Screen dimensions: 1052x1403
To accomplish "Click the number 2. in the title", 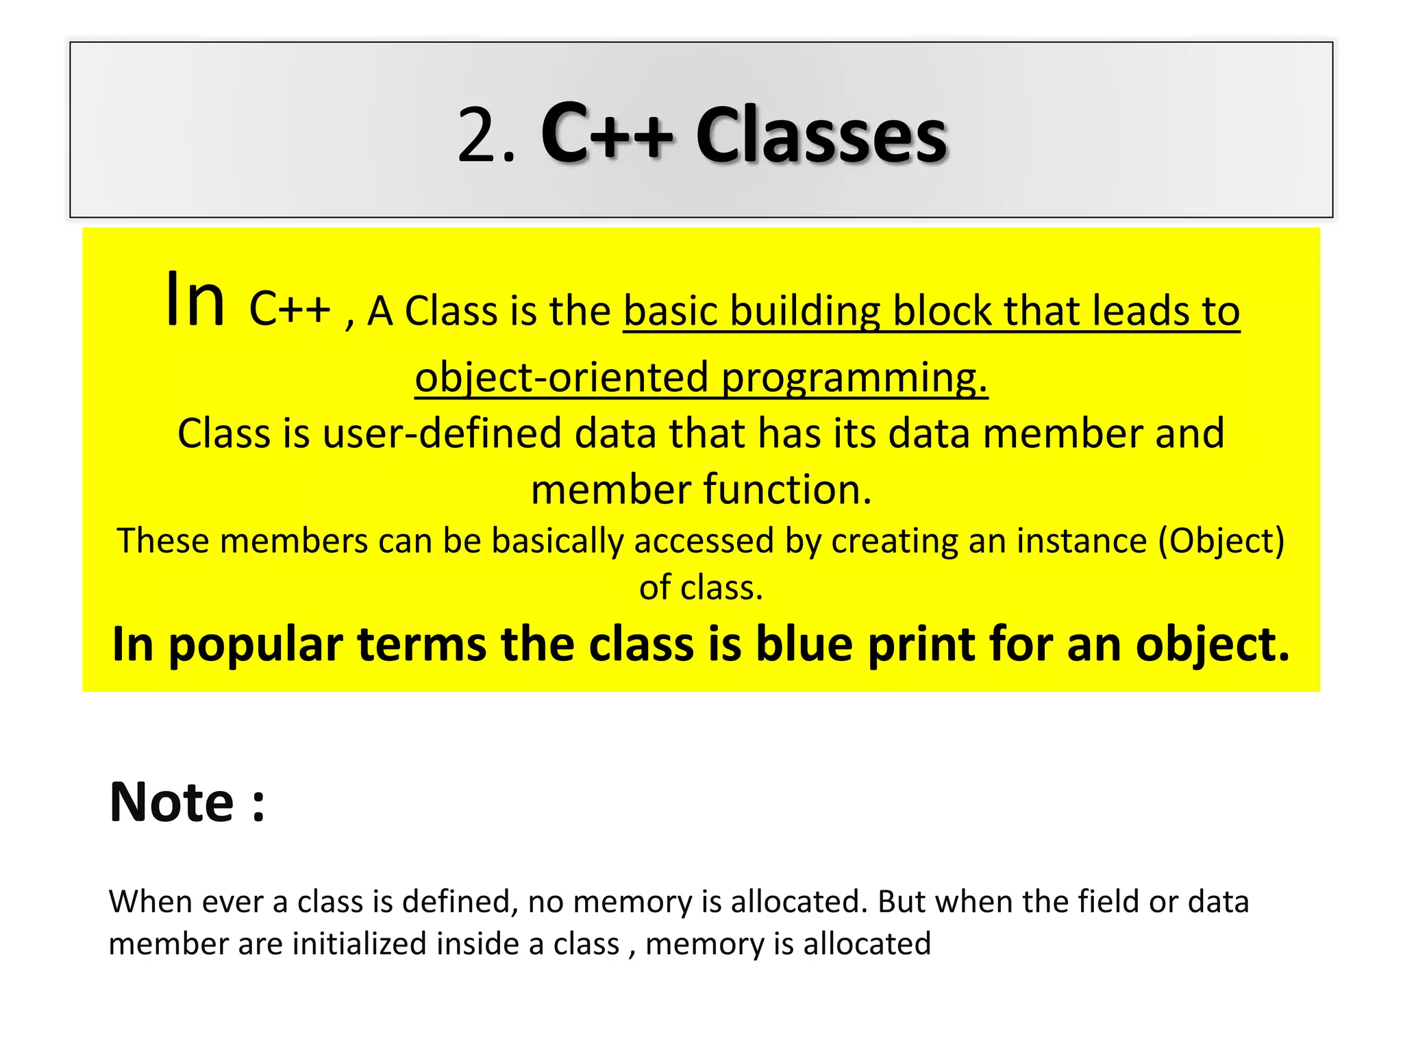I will [485, 136].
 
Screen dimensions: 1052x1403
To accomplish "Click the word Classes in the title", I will [821, 136].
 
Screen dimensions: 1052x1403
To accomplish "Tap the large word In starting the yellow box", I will [195, 300].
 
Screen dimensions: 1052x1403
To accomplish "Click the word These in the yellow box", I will [163, 540].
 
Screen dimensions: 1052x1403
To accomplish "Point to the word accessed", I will [704, 540].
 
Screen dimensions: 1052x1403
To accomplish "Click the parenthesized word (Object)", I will [1221, 542].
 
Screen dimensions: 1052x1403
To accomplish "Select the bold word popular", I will [256, 646].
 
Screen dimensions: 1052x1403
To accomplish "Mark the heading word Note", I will [172, 802].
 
